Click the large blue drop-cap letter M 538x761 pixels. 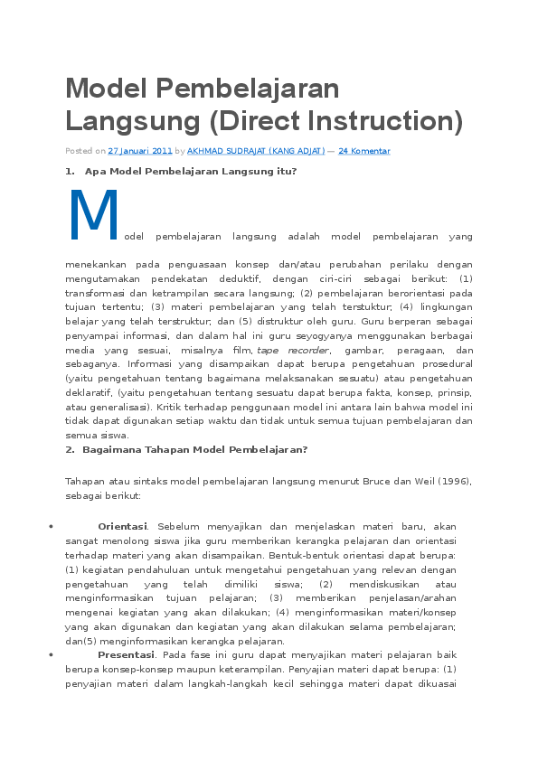click(93, 215)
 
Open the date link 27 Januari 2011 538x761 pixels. click(140, 151)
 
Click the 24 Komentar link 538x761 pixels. click(363, 151)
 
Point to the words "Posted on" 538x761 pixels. click(85, 151)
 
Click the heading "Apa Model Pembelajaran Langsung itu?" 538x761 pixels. click(190, 171)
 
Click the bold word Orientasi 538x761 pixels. click(122, 525)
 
